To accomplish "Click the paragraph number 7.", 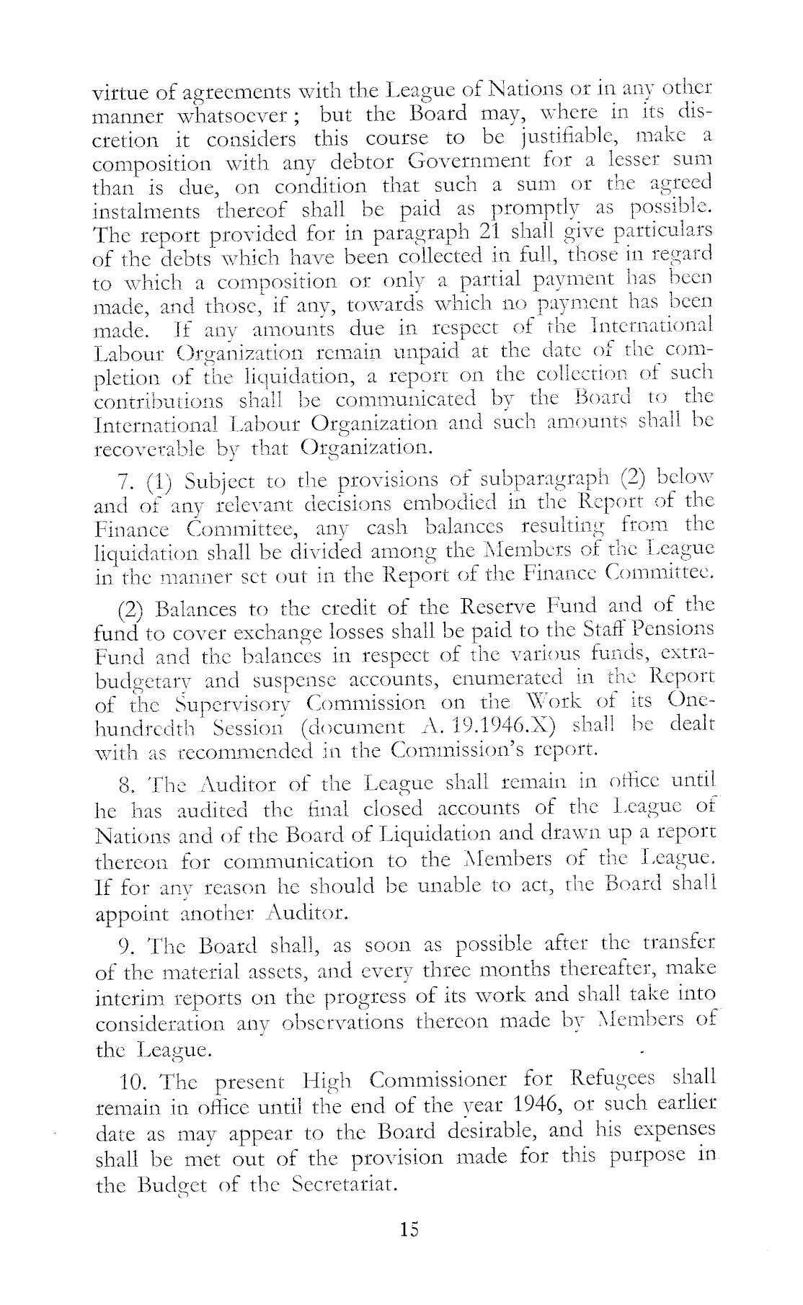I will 123,481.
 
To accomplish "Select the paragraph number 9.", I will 123,945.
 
